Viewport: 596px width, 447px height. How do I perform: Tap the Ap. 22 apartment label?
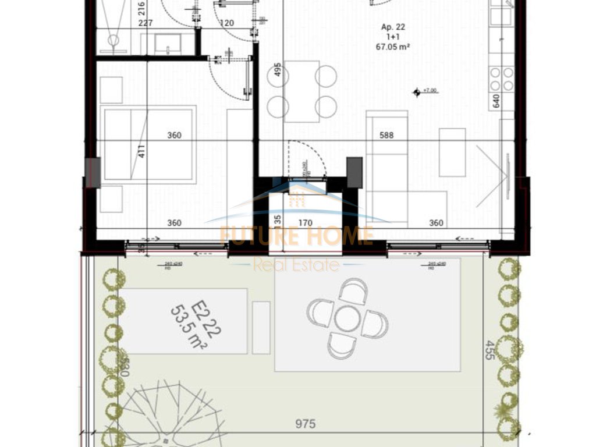click(393, 27)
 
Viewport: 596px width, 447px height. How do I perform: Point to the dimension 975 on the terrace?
click(305, 424)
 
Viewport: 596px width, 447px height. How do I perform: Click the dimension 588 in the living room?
click(386, 136)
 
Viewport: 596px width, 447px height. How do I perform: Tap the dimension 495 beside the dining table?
click(278, 73)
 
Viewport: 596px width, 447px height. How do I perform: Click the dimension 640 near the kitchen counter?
click(496, 101)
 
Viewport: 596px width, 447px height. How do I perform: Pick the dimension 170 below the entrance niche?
click(306, 223)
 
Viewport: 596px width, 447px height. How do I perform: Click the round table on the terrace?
click(347, 318)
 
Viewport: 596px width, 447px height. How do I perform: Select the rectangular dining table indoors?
click(301, 91)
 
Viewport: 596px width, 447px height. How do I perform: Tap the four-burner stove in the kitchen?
click(501, 79)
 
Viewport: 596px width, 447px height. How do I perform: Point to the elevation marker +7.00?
click(425, 91)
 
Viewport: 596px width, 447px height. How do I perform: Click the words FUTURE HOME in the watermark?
click(296, 236)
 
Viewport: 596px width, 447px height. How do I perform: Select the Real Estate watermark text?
click(296, 265)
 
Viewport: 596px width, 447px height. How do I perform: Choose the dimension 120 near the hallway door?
click(226, 24)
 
